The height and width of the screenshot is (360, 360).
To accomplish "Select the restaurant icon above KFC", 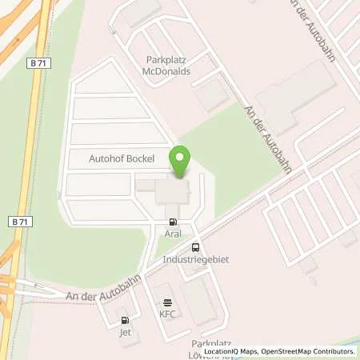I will coord(167,302).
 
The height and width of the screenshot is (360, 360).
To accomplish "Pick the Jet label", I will coord(124,331).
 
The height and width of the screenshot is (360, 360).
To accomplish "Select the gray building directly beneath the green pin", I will coord(172,192).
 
